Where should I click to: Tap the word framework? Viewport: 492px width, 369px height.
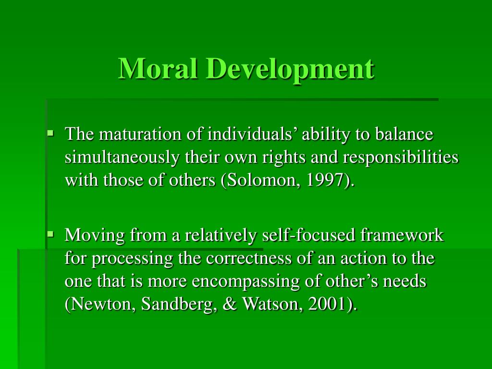click(402, 235)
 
